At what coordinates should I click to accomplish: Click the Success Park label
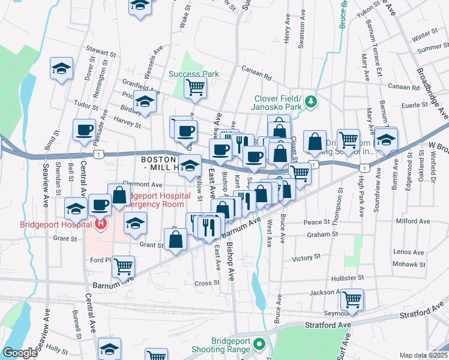click(193, 74)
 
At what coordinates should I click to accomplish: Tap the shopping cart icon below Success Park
click(196, 88)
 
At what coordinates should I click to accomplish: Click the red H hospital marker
click(101, 225)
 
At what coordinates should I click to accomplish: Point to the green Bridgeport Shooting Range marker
click(259, 344)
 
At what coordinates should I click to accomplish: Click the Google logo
click(20, 353)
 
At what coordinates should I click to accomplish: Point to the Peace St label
click(318, 222)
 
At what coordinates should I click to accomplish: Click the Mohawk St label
click(409, 264)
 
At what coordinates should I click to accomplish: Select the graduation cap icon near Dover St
click(61, 69)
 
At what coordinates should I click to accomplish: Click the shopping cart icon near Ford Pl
click(123, 266)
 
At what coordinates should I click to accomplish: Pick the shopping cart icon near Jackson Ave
click(352, 298)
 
